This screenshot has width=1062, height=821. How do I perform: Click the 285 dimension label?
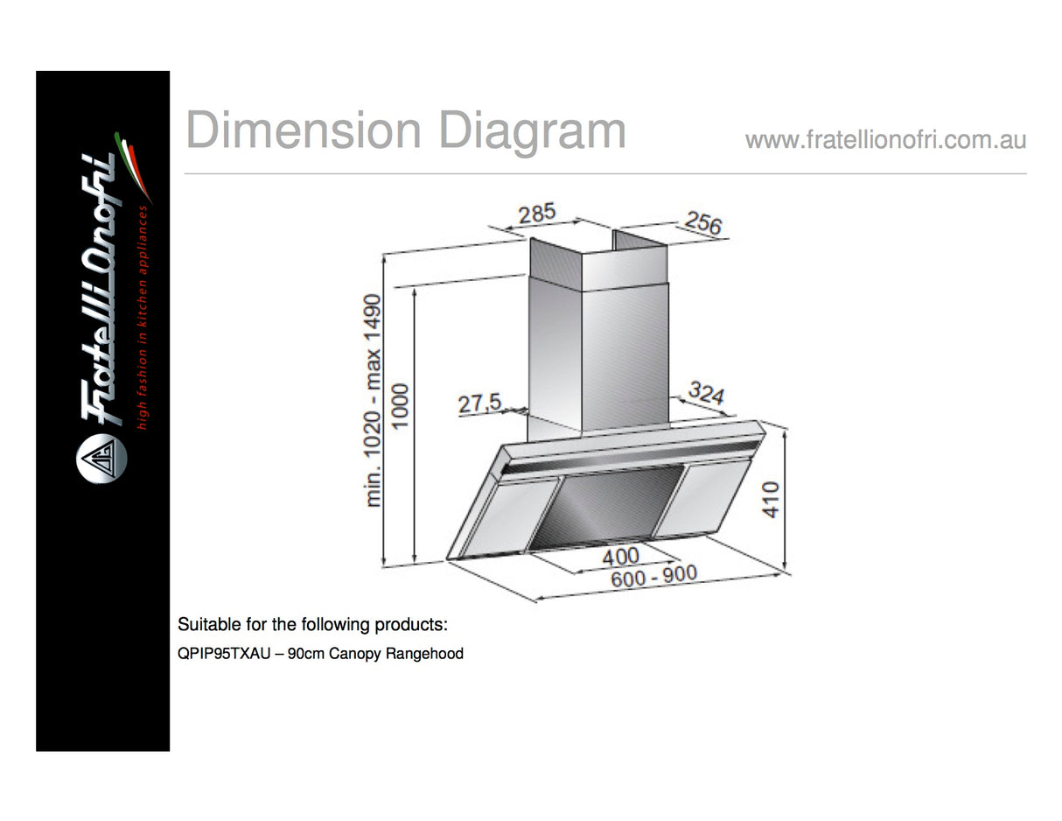[536, 214]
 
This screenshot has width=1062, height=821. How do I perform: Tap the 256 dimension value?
[703, 222]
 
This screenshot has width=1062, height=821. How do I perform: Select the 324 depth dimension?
[706, 393]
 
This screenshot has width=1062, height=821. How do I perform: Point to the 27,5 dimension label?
[479, 403]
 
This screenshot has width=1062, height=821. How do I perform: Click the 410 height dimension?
[771, 499]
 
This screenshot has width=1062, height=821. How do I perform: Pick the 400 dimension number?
[621, 557]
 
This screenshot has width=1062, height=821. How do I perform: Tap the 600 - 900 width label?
[654, 576]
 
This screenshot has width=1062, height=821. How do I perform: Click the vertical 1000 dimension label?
[400, 406]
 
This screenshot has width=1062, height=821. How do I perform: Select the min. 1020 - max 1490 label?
[373, 401]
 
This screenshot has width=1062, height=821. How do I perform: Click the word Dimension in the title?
[304, 130]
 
